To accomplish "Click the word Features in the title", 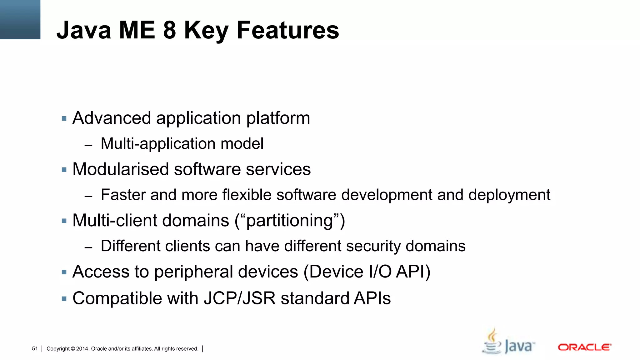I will (287, 30).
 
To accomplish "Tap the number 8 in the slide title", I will (169, 30).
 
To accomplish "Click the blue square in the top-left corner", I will (20, 19).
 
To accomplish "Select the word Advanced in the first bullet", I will (112, 118).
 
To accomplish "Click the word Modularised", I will (120, 169).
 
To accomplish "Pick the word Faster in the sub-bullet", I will (123, 195).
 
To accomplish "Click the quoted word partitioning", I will (289, 221).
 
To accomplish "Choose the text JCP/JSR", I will (240, 298).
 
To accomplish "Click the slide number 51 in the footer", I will (35, 349).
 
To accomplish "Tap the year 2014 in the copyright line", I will (82, 349).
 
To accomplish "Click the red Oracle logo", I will (584, 347).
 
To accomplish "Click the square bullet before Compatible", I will (64, 299).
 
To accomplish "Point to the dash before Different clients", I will (88, 247).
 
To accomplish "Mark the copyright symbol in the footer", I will (73, 349).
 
